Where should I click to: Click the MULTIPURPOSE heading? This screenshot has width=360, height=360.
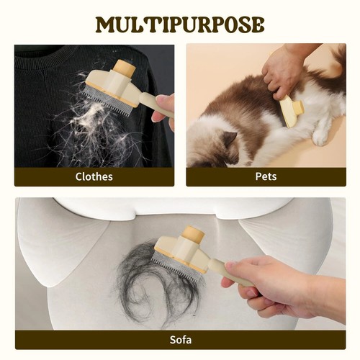pos(180,24)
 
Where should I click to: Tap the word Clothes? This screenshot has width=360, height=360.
pos(94,177)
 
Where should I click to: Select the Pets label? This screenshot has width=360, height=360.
pos(266,176)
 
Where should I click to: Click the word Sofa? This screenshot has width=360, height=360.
pos(181,340)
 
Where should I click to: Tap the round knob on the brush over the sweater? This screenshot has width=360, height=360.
pos(125,68)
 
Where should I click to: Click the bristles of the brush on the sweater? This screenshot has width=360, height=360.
pos(107,101)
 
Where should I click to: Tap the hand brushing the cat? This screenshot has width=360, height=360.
pos(283,71)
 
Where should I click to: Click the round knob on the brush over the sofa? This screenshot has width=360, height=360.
pos(193,235)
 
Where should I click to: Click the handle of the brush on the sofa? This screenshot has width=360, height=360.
pos(230,272)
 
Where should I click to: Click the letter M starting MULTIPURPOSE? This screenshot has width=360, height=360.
pos(105,24)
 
